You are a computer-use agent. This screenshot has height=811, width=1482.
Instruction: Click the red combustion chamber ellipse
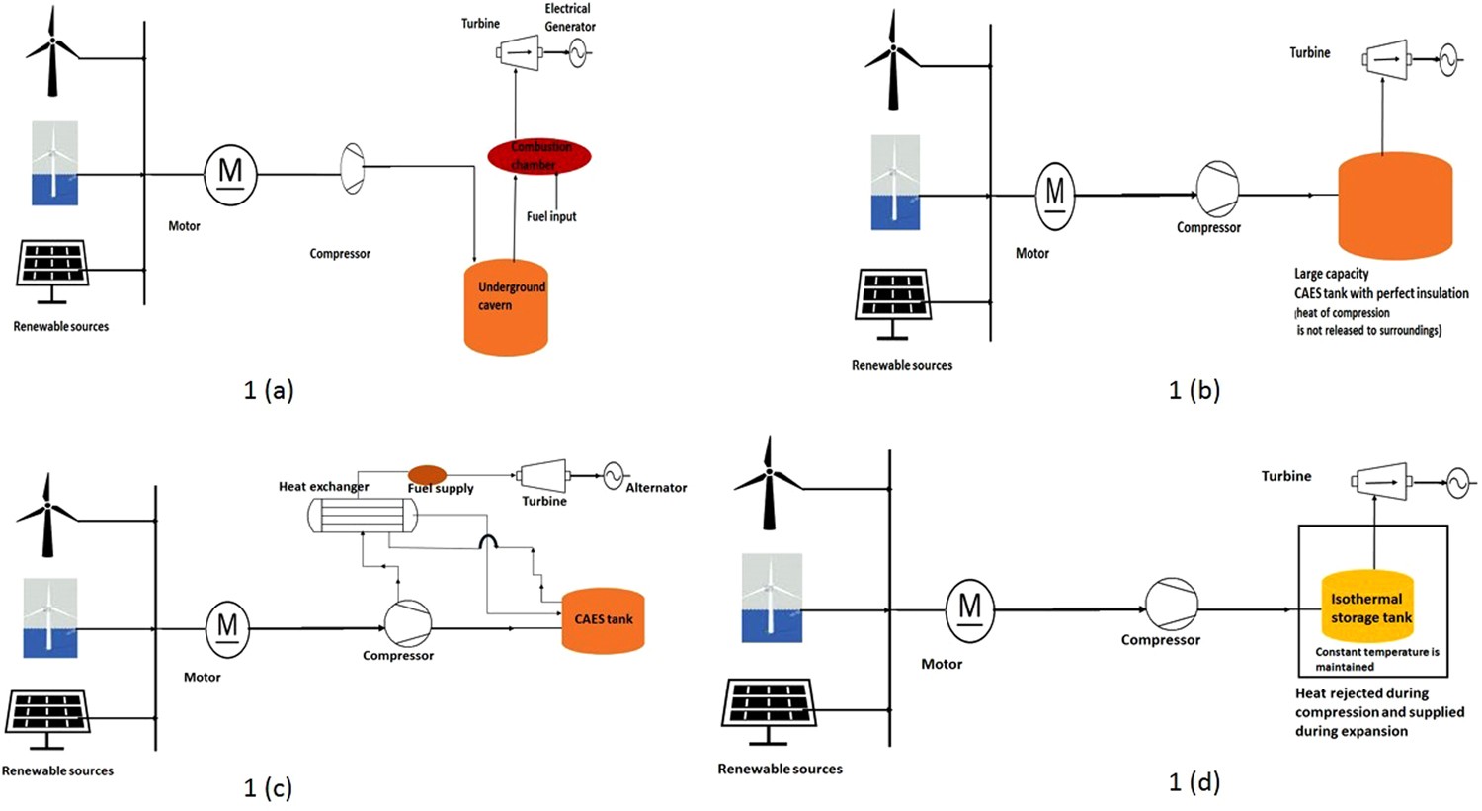[539, 156]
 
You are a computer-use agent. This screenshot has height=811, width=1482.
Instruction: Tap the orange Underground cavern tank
[506, 307]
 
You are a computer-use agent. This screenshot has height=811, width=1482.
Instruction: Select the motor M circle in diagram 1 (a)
[230, 174]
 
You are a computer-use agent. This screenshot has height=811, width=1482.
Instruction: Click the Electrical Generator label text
[569, 18]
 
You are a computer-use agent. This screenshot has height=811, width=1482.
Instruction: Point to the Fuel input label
[551, 216]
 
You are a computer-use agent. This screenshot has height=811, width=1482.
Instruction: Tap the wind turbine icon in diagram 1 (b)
[893, 61]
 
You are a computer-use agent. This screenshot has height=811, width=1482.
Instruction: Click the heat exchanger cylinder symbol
[362, 515]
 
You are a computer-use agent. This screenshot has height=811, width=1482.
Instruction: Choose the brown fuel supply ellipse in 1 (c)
[427, 475]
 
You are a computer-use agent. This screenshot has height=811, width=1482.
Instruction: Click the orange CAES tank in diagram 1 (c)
[603, 620]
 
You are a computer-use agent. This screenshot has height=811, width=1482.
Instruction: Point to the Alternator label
[656, 487]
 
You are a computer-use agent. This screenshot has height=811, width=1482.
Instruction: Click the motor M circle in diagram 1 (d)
[969, 608]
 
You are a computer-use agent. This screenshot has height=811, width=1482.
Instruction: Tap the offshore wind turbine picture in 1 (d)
[772, 598]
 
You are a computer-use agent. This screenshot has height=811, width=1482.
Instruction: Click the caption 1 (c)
[268, 787]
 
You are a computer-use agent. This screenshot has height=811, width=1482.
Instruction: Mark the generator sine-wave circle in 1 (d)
[1458, 483]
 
